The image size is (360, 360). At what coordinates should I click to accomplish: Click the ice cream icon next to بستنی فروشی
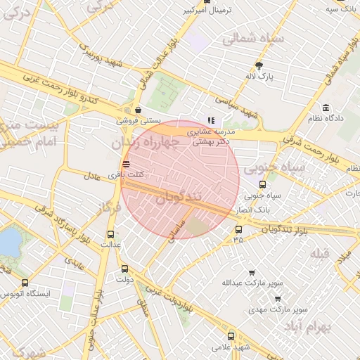point(138,110)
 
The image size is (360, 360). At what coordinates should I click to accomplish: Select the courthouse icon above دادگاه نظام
point(326,107)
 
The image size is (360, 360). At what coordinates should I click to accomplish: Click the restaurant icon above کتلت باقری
point(126,164)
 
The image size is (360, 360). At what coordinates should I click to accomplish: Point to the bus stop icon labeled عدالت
point(110,234)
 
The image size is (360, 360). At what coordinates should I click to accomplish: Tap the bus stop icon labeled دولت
point(125,269)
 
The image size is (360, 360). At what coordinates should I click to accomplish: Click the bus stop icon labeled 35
point(238,229)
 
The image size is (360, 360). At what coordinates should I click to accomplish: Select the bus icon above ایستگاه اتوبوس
point(25,283)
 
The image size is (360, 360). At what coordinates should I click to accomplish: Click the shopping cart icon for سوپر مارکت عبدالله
point(252,273)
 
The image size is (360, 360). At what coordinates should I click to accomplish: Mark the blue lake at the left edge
point(8,243)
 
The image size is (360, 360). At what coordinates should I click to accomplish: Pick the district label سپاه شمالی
point(253,39)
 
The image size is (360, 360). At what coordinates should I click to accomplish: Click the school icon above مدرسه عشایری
point(211,120)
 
